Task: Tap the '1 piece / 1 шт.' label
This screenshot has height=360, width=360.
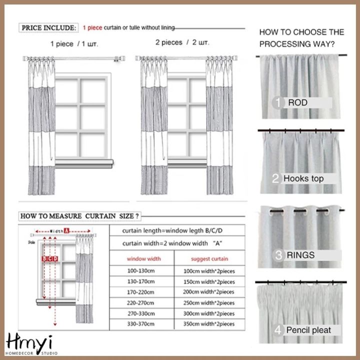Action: (x=74, y=44)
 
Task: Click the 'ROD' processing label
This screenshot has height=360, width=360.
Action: (x=297, y=103)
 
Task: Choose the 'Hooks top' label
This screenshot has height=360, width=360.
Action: (x=303, y=178)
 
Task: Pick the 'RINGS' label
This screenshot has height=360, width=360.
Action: (x=300, y=255)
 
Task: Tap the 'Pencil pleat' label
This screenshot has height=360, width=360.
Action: (x=308, y=330)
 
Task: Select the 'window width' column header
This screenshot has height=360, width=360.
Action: (x=143, y=259)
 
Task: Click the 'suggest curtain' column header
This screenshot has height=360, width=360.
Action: (x=209, y=259)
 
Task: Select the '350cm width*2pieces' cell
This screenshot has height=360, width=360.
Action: (x=209, y=323)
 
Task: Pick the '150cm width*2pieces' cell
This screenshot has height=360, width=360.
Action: (x=209, y=281)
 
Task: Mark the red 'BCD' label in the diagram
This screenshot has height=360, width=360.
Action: (x=50, y=258)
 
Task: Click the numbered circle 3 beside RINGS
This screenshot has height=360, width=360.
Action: (x=278, y=255)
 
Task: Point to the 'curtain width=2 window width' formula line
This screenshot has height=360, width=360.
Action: (x=168, y=243)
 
